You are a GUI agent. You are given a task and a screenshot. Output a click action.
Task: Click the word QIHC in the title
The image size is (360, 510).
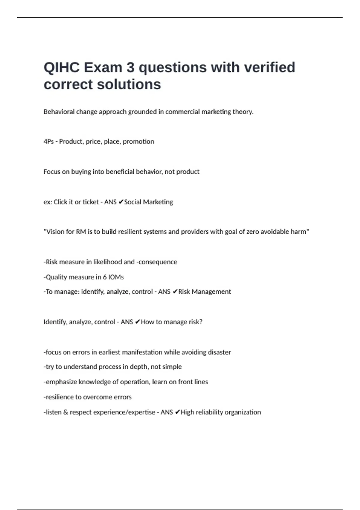pyautogui.click(x=61, y=67)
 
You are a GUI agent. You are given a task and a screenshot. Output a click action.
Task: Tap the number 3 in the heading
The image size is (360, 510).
pyautogui.click(x=130, y=67)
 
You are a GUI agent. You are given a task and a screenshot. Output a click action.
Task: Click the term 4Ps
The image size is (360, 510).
pyautogui.click(x=48, y=142)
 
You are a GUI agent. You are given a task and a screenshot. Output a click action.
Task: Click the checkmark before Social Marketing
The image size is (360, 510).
pyautogui.click(x=121, y=202)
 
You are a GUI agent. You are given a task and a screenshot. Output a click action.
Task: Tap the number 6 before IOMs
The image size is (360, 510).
pyautogui.click(x=105, y=277)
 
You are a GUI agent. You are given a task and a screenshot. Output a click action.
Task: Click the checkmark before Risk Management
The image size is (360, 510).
pyautogui.click(x=175, y=292)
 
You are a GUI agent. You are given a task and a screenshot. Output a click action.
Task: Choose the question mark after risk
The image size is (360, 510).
pyautogui.click(x=201, y=322)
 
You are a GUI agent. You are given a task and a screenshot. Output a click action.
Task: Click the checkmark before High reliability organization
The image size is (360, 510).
pyautogui.click(x=177, y=412)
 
